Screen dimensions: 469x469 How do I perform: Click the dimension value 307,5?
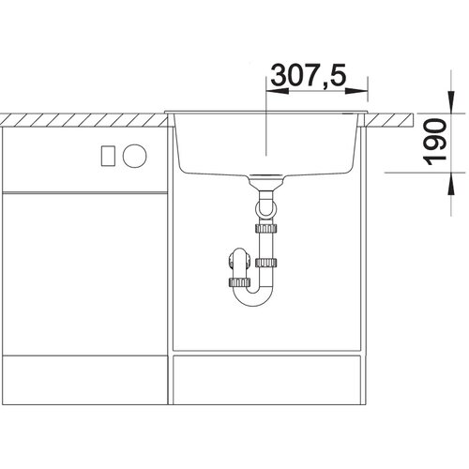(x=309, y=75)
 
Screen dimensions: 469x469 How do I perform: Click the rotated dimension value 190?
(x=435, y=142)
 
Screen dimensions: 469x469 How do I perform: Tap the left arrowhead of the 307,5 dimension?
(x=277, y=91)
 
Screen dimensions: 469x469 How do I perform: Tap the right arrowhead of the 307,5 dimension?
(x=356, y=91)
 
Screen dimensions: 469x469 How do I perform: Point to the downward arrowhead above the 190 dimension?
(x=451, y=102)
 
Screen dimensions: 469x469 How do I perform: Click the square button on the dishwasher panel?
(x=108, y=156)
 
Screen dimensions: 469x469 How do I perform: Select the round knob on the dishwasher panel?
(x=134, y=156)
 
